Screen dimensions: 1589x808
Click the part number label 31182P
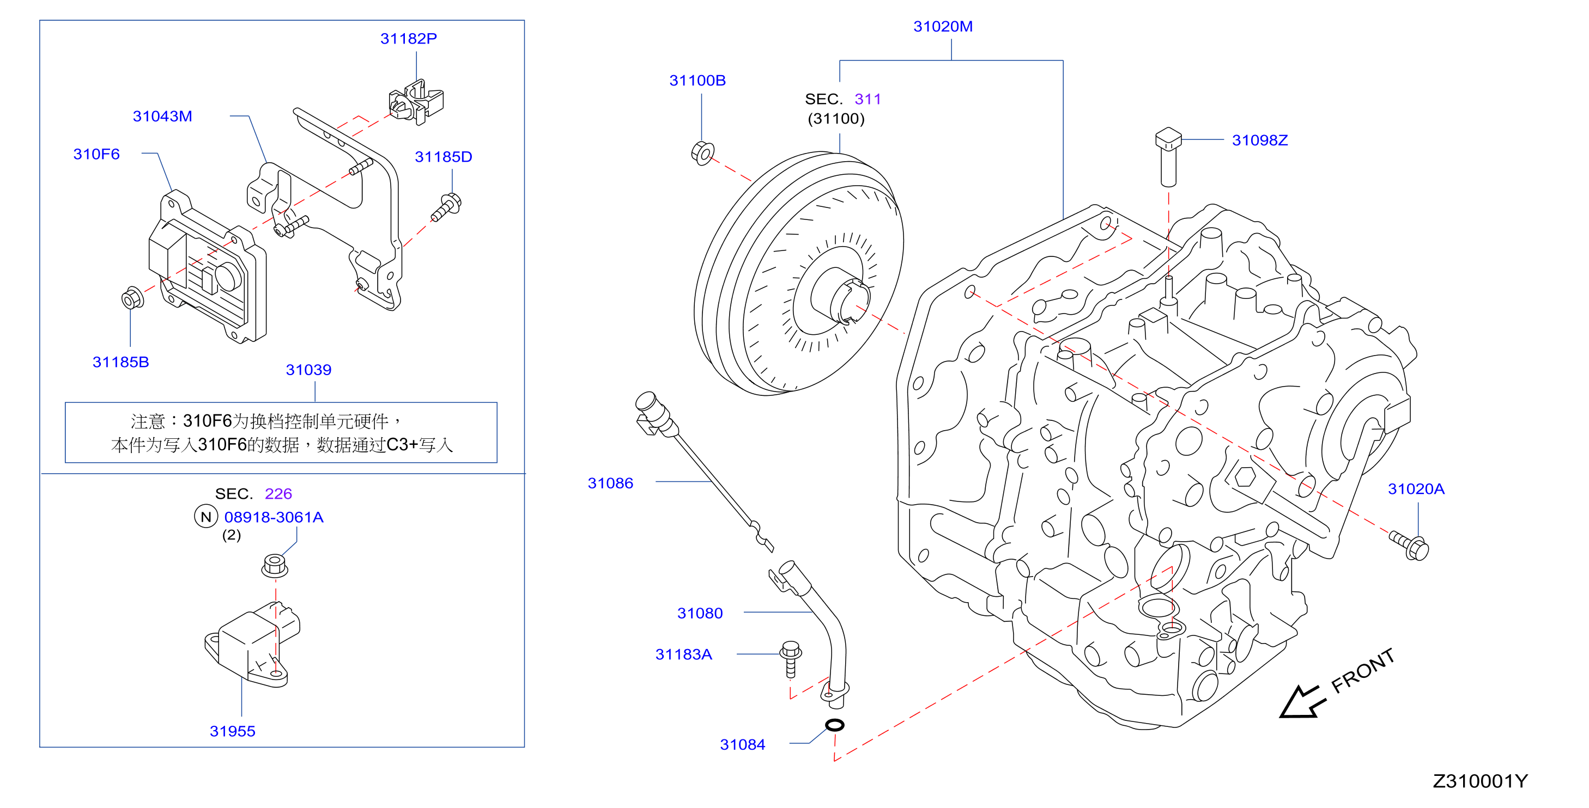click(408, 39)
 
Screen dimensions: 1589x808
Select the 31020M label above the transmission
click(943, 27)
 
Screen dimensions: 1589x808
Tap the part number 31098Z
click(1260, 140)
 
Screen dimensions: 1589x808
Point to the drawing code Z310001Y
click(1480, 781)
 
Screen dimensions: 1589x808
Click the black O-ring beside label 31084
click(835, 725)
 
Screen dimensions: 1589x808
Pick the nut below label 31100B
click(702, 153)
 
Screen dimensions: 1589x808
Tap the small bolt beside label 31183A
click(790, 659)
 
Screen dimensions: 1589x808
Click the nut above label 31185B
click(132, 298)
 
